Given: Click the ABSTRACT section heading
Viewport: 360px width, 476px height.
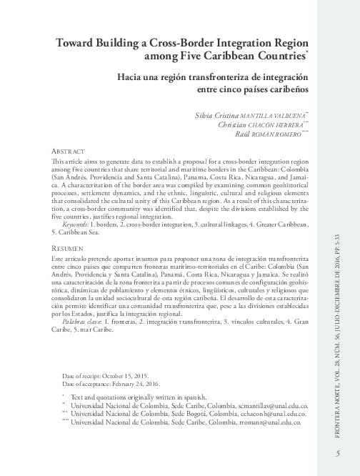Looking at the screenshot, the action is pyautogui.click(x=71, y=152).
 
